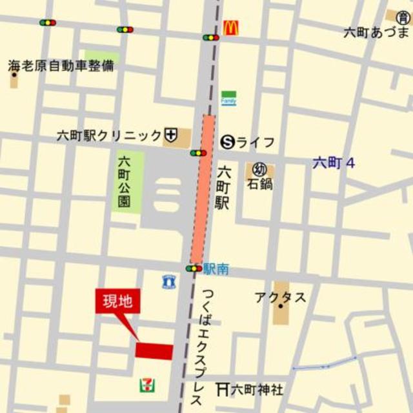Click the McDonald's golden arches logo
(230, 28)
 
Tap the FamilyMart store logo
(228, 97)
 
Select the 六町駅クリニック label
(109, 136)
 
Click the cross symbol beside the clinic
(171, 136)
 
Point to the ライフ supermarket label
(256, 142)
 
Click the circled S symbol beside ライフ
(227, 142)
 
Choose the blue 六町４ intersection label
(334, 163)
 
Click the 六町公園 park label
(124, 183)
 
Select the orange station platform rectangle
(205, 188)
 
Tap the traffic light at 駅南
(194, 268)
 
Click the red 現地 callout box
(117, 302)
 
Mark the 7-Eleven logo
(147, 385)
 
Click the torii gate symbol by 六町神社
(223, 389)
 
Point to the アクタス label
(280, 297)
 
